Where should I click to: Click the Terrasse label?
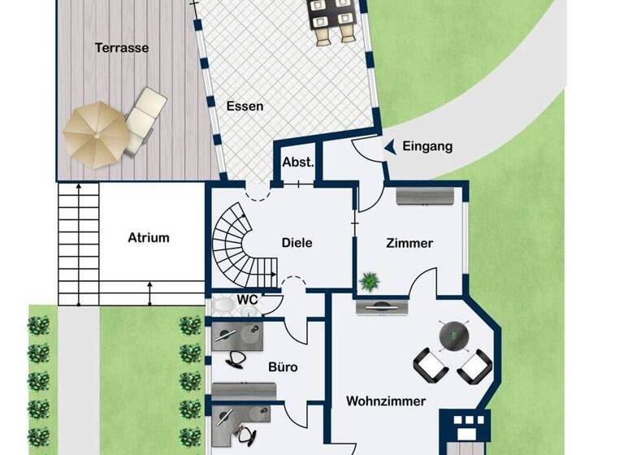click(x=122, y=48)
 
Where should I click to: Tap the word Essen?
click(x=245, y=106)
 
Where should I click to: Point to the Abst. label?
click(x=298, y=162)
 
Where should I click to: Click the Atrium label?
click(x=149, y=238)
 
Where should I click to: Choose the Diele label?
click(x=297, y=242)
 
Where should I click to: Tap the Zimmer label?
click(x=409, y=243)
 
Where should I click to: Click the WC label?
click(x=248, y=300)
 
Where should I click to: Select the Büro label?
click(x=283, y=367)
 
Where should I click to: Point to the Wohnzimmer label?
click(x=386, y=401)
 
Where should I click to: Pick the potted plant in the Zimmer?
click(x=370, y=281)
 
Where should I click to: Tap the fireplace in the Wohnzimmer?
click(x=466, y=431)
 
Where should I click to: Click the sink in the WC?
click(x=223, y=305)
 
